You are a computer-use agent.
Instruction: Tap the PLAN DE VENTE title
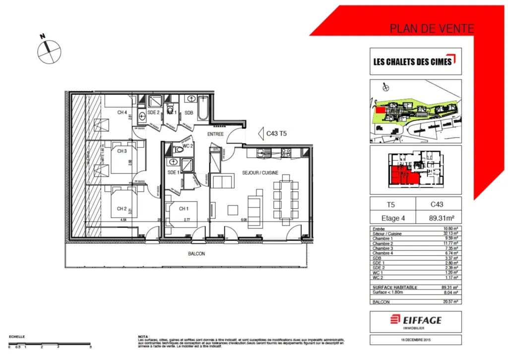click(432, 28)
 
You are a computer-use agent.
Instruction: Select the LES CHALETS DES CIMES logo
click(415, 61)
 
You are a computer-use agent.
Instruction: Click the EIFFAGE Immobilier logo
click(415, 321)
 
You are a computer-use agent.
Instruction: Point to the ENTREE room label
click(216, 134)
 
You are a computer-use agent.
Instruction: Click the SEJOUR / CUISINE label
click(260, 173)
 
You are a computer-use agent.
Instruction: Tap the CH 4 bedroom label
click(122, 112)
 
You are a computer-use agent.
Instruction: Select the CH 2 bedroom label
click(122, 209)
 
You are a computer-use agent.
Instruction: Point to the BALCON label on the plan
click(196, 254)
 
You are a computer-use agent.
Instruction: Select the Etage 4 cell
click(393, 217)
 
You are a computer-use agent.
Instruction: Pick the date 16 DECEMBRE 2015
click(416, 340)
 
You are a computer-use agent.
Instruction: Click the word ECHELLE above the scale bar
click(17, 336)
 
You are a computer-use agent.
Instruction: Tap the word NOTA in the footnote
click(143, 336)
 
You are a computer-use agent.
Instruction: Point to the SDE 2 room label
click(153, 113)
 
